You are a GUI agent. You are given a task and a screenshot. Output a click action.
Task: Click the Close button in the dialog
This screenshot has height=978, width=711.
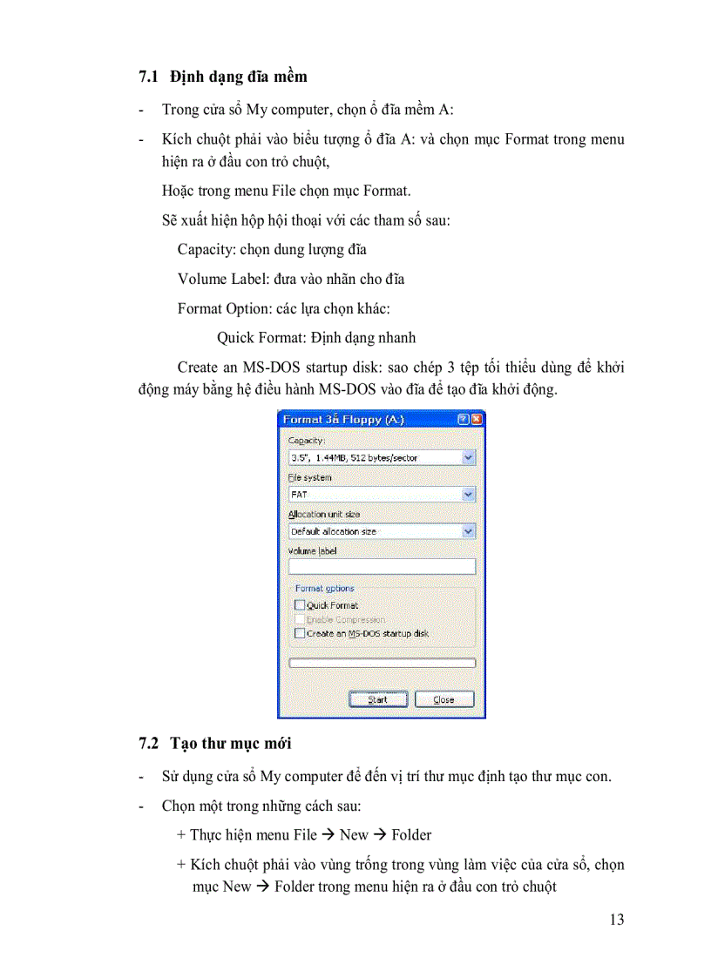[x=444, y=699]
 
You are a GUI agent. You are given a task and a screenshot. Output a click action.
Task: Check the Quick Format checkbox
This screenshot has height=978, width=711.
[x=300, y=604]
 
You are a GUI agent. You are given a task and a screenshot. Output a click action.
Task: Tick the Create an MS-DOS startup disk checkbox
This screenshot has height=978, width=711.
[x=300, y=633]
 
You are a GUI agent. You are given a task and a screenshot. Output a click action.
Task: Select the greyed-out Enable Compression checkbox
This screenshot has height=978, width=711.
[x=300, y=619]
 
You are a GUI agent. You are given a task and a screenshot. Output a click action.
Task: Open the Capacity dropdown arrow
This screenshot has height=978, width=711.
[x=469, y=457]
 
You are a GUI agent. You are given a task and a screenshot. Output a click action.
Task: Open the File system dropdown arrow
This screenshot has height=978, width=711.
[x=469, y=494]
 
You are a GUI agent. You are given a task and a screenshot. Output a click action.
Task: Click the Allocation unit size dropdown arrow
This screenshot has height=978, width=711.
[x=469, y=530]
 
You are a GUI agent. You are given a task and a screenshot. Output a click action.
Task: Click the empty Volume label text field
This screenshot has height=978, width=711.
[x=382, y=566]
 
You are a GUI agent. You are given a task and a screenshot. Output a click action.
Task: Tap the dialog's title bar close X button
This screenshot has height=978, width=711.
[x=477, y=419]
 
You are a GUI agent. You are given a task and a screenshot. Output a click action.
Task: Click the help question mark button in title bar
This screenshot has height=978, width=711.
[x=463, y=419]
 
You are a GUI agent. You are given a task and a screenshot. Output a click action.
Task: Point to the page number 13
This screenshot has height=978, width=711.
[x=616, y=920]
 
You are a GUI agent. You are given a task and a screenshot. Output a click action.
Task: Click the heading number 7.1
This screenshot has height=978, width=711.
[x=147, y=77]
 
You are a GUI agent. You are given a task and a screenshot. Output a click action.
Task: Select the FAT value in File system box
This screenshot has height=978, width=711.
[x=300, y=494]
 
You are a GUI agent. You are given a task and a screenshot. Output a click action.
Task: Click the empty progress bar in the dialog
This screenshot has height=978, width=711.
[x=382, y=663]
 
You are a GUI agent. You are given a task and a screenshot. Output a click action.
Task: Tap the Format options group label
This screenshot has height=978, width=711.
[x=324, y=589]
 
